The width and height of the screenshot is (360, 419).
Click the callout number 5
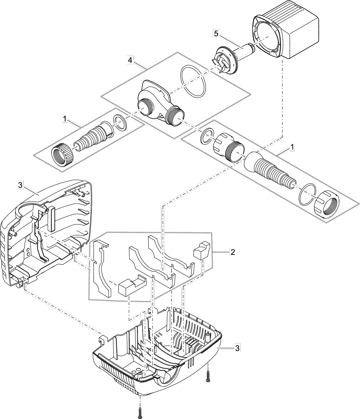click(x=216, y=34)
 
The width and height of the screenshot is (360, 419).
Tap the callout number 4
click(x=130, y=60)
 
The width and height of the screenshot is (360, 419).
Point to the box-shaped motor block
click(x=287, y=35)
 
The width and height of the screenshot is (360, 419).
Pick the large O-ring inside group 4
click(x=192, y=81)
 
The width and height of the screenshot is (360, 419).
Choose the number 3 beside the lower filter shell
click(x=237, y=348)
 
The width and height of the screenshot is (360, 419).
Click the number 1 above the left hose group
click(x=65, y=119)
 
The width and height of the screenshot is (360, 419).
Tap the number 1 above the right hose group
click(x=291, y=148)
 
